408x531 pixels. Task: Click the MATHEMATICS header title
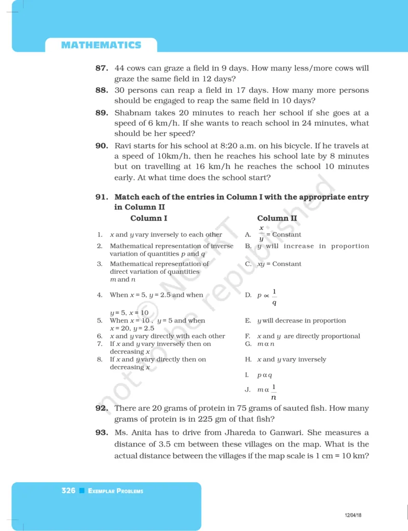pyautogui.click(x=101, y=45)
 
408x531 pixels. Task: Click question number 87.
pyautogui.click(x=102, y=68)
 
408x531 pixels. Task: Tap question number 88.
pyautogui.click(x=102, y=90)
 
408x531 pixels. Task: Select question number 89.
pyautogui.click(x=102, y=113)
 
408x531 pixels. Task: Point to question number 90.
pyautogui.click(x=102, y=146)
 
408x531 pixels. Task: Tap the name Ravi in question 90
pyautogui.click(x=124, y=146)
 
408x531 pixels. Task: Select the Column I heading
pyautogui.click(x=148, y=218)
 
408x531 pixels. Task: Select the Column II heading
pyautogui.click(x=277, y=218)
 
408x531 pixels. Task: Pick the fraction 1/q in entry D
pyautogui.click(x=274, y=297)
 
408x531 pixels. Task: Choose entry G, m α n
pyautogui.click(x=266, y=344)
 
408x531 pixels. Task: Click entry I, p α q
pyautogui.click(x=265, y=375)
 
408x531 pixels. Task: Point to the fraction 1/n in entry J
pyautogui.click(x=274, y=392)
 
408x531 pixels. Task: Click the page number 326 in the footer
pyautogui.click(x=68, y=491)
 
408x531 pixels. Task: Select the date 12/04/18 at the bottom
pyautogui.click(x=353, y=515)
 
